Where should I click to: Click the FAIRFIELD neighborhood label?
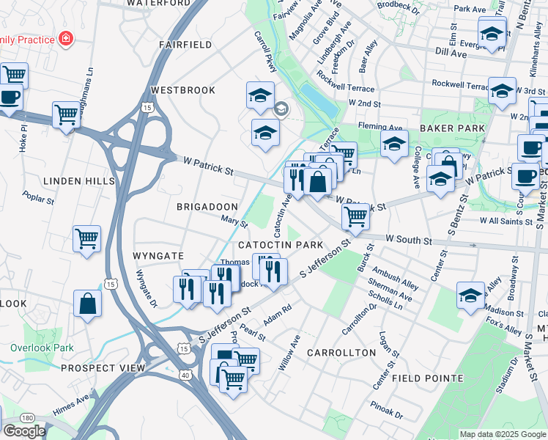tap(185, 45)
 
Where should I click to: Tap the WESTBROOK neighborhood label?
tap(183, 90)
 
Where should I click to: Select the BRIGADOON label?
tap(207, 207)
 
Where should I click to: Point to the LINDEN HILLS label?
tap(79, 181)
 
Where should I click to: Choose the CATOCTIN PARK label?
tap(280, 244)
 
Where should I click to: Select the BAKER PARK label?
tap(452, 128)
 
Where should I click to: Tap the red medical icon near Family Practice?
tap(66, 37)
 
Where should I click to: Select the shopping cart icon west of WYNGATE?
tap(86, 238)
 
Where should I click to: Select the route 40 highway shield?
tap(186, 375)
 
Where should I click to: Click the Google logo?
tap(24, 430)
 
